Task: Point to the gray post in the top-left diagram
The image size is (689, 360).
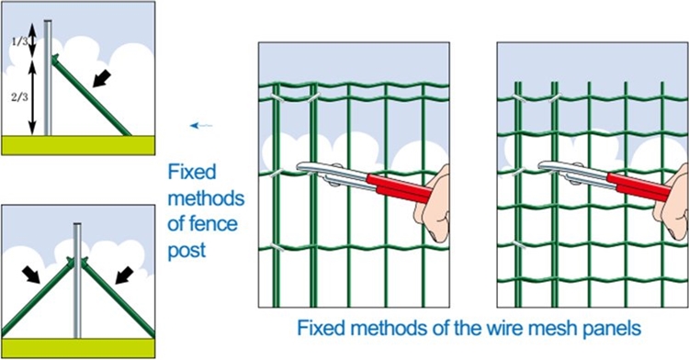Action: coord(49,83)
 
